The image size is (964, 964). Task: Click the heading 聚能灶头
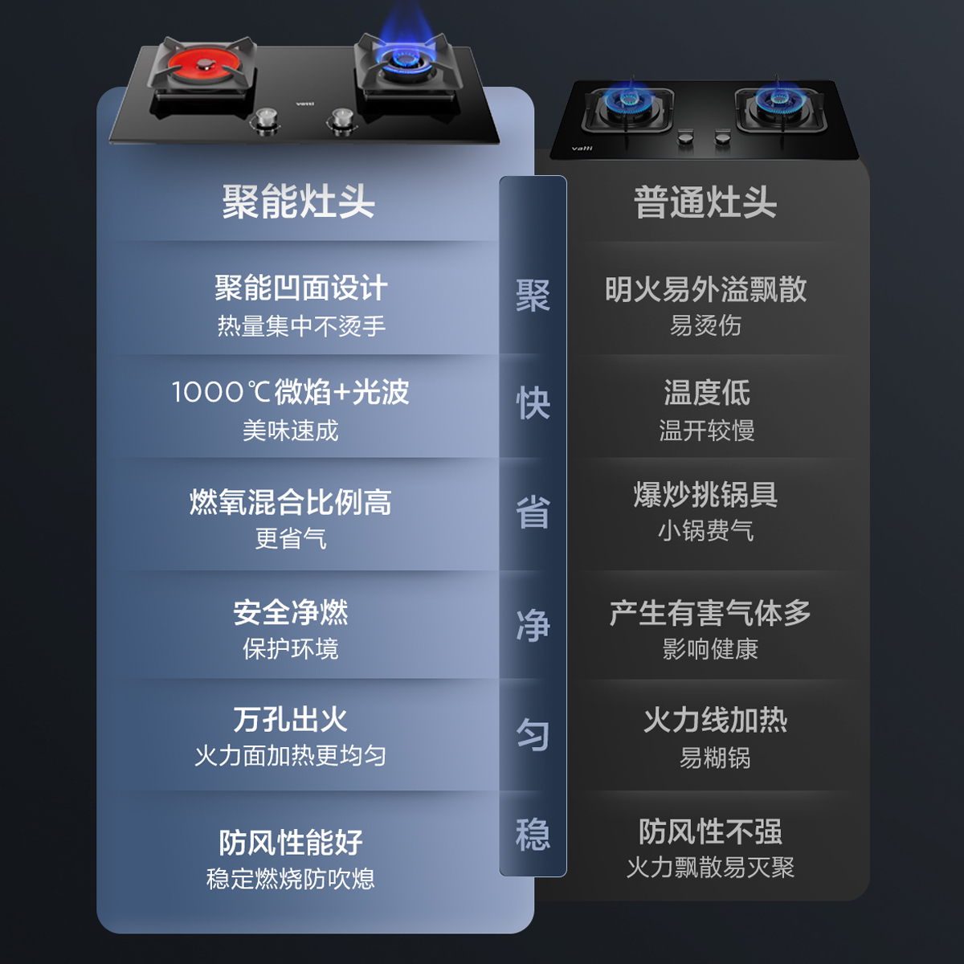[x=298, y=202]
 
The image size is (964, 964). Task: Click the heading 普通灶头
[x=705, y=202]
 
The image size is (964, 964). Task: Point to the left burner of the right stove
[x=627, y=103]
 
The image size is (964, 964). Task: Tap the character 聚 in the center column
[x=533, y=296]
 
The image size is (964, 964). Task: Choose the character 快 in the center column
[x=533, y=403]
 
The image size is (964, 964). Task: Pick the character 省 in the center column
[x=533, y=513]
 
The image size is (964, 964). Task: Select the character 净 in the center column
[x=533, y=625]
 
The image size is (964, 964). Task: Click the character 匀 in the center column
[x=533, y=734]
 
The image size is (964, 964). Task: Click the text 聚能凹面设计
[x=300, y=288]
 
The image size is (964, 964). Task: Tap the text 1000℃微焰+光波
[x=290, y=392]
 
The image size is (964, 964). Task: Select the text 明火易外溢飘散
[x=705, y=289]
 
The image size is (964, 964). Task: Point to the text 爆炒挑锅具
[x=705, y=495]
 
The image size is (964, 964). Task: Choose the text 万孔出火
[x=290, y=719]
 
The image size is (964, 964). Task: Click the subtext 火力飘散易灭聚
[x=710, y=868]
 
